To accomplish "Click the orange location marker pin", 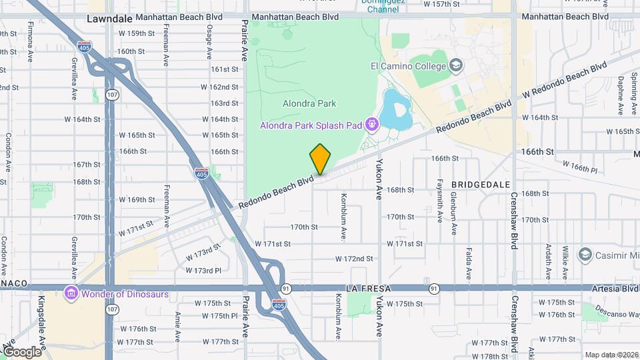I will click(320, 159).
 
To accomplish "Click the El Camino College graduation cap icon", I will click(455, 65).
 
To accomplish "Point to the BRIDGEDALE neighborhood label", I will click(481, 184).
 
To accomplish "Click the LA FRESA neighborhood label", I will click(367, 289).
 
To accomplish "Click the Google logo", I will click(22, 351).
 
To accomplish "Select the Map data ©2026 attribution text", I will click(611, 355).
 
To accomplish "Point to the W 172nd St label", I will click(353, 258).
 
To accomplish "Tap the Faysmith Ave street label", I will click(440, 200).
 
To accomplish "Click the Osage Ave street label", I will click(209, 41).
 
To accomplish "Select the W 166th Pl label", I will click(579, 166).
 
